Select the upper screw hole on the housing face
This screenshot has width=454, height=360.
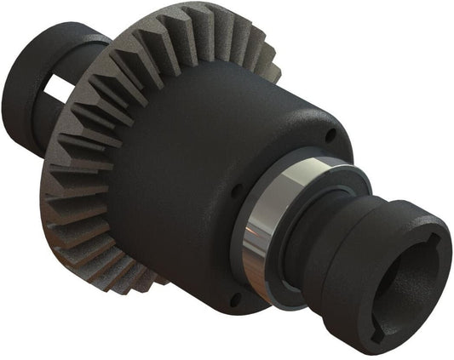tap(330, 134)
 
